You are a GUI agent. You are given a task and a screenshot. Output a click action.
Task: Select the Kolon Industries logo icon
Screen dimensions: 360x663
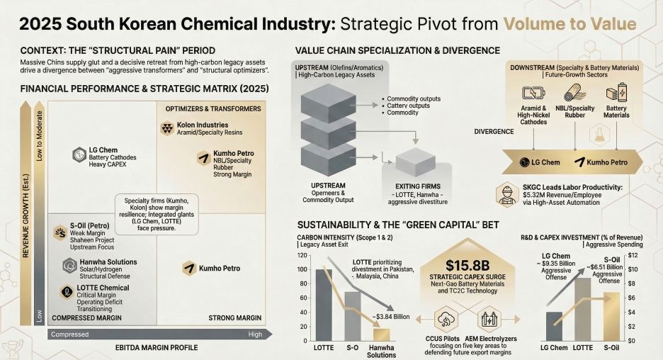(167, 129)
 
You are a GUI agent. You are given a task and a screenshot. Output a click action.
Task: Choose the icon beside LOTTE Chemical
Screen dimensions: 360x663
(64, 292)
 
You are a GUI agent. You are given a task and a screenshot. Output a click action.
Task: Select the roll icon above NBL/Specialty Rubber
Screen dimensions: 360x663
(574, 94)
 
